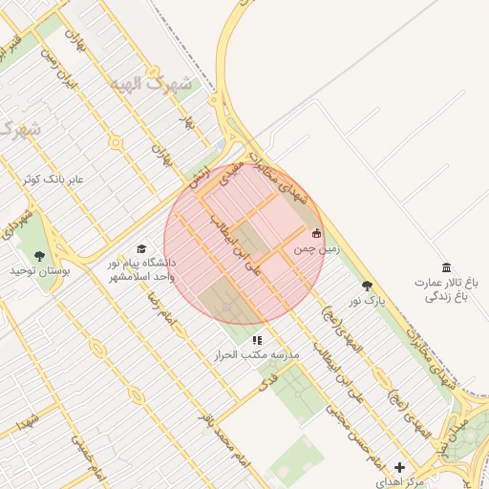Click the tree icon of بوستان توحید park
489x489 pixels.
click(x=39, y=256)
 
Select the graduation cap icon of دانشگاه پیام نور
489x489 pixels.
click(x=142, y=247)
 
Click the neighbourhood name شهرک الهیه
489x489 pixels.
click(x=151, y=84)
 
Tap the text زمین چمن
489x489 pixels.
click(x=315, y=248)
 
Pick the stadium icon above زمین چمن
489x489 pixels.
click(x=317, y=232)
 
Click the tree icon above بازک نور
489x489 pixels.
click(x=368, y=285)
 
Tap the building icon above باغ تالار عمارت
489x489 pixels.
click(x=445, y=267)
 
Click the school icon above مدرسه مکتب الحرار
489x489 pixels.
click(x=256, y=340)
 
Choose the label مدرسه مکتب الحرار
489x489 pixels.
click(x=257, y=354)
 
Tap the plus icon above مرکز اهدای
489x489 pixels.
click(x=399, y=468)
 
